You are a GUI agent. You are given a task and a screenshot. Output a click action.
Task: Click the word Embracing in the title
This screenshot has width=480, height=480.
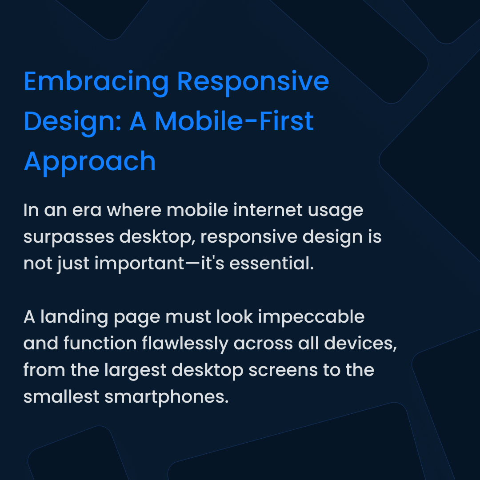[x=96, y=82]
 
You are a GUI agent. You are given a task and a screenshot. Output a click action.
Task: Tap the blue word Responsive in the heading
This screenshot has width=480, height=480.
[x=253, y=82]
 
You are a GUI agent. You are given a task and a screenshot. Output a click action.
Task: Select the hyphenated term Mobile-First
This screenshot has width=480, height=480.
[x=234, y=121]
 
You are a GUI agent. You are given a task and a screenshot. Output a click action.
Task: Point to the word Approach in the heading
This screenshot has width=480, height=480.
[x=90, y=161]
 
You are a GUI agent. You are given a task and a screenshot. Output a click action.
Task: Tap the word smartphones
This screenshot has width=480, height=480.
[x=166, y=397]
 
